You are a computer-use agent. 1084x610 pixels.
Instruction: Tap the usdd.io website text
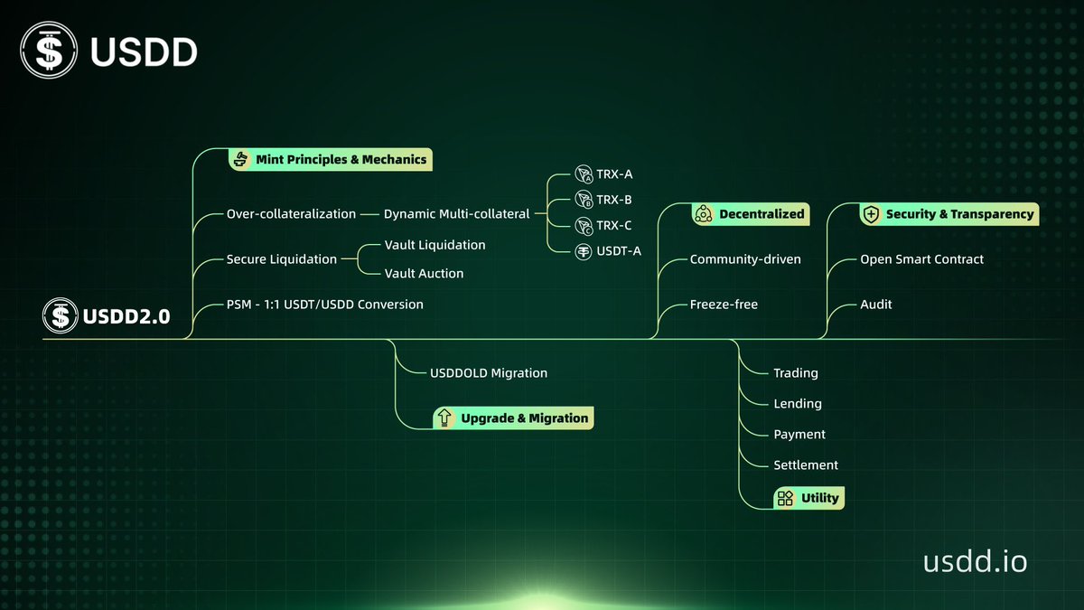point(975,561)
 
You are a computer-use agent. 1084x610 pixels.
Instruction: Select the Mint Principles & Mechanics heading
point(330,160)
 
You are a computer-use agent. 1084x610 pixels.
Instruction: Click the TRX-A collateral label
point(614,174)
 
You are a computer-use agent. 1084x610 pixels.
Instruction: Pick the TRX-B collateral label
point(614,200)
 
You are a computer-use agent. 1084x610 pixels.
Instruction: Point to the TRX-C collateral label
point(614,225)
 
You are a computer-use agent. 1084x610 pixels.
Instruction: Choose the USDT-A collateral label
point(619,250)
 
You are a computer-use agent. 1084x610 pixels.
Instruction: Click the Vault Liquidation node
point(435,245)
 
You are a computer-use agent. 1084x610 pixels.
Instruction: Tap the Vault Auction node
point(424,273)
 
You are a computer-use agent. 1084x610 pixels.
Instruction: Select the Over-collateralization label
point(291,214)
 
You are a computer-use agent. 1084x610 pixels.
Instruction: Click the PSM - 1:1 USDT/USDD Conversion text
point(324,304)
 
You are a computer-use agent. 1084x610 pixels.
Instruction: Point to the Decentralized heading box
point(750,214)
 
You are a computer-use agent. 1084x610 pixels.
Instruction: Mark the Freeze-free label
point(724,305)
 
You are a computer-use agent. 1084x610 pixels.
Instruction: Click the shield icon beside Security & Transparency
point(871,214)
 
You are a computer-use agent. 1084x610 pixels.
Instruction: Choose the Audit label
point(875,305)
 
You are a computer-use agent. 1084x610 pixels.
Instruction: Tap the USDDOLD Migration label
point(488,372)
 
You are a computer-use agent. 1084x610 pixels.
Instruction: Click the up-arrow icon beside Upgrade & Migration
point(444,418)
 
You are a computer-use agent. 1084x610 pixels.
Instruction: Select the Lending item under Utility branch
point(798,404)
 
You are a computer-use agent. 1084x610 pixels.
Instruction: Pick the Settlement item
point(806,465)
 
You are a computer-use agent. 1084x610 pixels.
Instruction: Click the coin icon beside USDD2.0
point(61,316)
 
